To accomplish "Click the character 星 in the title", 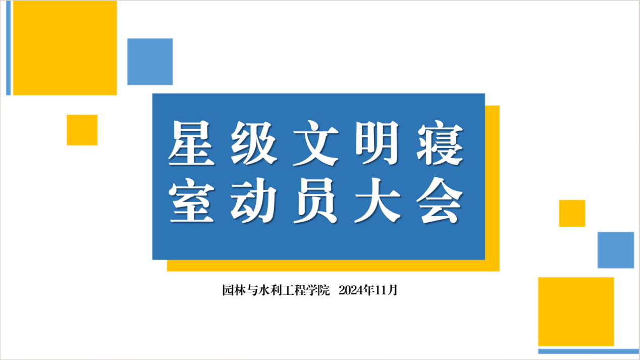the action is (191, 143).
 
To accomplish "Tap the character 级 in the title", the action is (253, 143).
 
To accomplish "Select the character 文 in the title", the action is (316, 143).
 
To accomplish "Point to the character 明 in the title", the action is (377, 143).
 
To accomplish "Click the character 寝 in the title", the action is (440, 143).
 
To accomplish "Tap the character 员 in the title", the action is (316, 200).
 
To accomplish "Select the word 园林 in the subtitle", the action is (234, 290).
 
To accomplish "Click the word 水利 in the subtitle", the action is (270, 290).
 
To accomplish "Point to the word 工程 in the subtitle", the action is (294, 290).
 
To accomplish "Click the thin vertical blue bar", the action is (8, 48).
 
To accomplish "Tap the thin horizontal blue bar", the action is (589, 351).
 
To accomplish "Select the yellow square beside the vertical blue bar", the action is (65, 48).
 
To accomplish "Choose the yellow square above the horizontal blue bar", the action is (576, 312).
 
